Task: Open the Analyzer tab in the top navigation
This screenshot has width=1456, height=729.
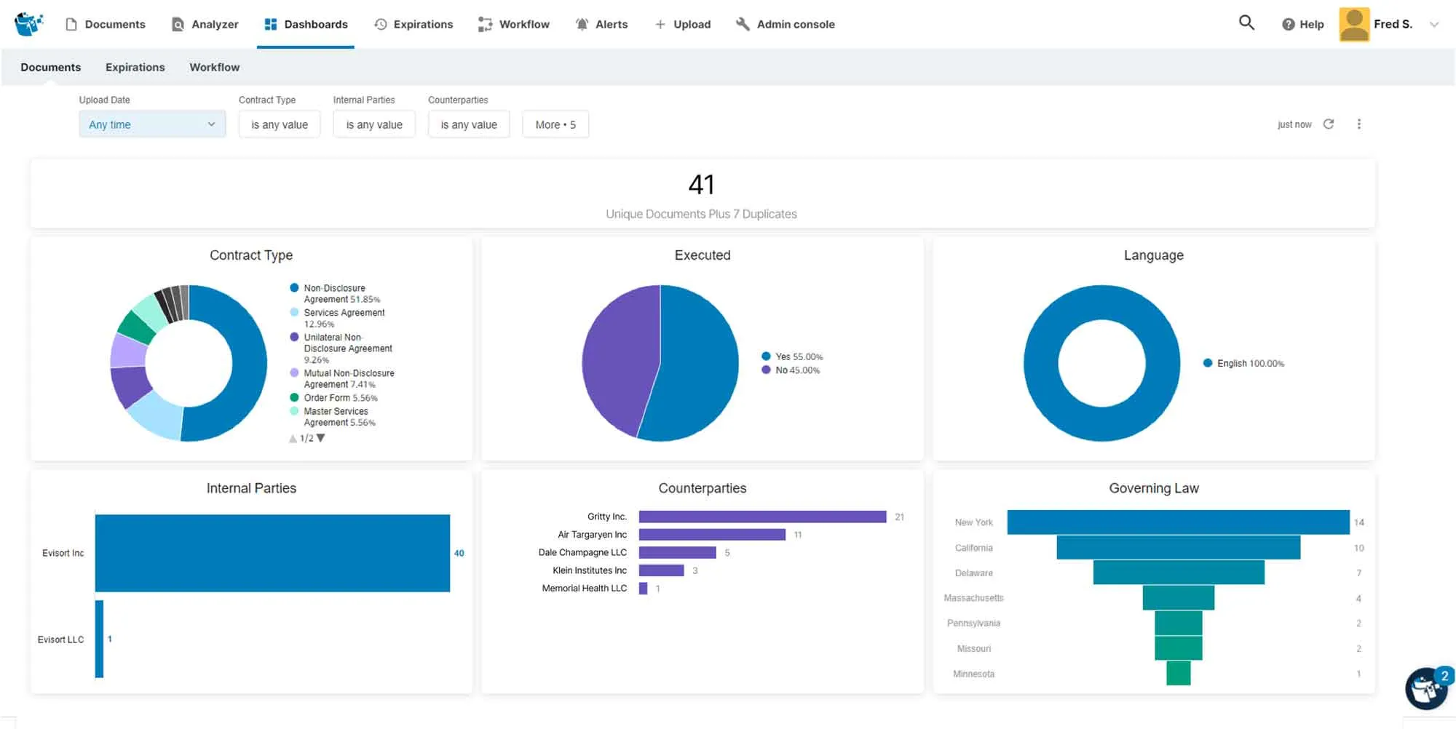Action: (205, 24)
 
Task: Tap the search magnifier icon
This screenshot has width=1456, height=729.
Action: (1246, 23)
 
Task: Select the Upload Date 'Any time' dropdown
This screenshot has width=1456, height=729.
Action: (152, 124)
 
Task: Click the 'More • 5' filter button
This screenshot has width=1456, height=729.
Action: (555, 124)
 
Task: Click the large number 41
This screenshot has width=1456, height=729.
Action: (701, 185)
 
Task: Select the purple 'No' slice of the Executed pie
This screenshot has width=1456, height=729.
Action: (619, 356)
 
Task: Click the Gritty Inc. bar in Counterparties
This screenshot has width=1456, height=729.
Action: (762, 517)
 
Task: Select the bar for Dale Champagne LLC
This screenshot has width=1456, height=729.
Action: (677, 553)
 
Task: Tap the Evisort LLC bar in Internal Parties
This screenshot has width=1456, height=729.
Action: (99, 639)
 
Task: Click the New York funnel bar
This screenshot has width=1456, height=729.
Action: (1178, 522)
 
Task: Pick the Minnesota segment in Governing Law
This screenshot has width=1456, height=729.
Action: (1178, 674)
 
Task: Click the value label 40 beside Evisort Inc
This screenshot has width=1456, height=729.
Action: (459, 553)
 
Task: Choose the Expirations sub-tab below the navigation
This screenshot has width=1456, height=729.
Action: (135, 67)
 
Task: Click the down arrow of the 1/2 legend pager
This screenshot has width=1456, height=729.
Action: (321, 438)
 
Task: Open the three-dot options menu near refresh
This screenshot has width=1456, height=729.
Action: (1358, 124)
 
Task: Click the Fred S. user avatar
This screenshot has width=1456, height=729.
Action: (1354, 24)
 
